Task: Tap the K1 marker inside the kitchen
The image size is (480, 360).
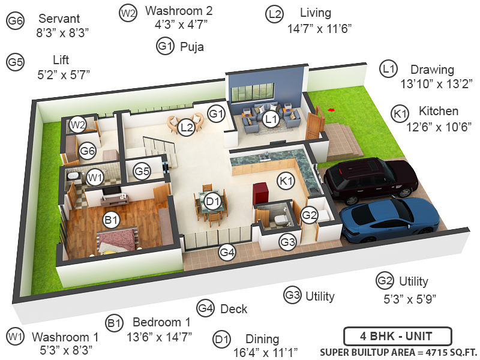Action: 286,180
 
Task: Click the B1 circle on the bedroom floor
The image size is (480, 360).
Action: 111,221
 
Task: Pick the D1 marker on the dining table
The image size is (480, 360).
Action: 211,202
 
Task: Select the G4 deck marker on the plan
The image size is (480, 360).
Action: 227,253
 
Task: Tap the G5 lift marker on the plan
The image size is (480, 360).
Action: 142,172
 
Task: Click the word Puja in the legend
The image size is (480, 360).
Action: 191,46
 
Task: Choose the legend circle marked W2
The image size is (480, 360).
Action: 128,13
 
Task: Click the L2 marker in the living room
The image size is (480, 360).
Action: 187,127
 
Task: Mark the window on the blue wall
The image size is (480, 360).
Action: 252,93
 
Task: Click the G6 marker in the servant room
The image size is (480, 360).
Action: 88,151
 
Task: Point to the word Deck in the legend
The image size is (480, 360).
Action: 233,309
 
